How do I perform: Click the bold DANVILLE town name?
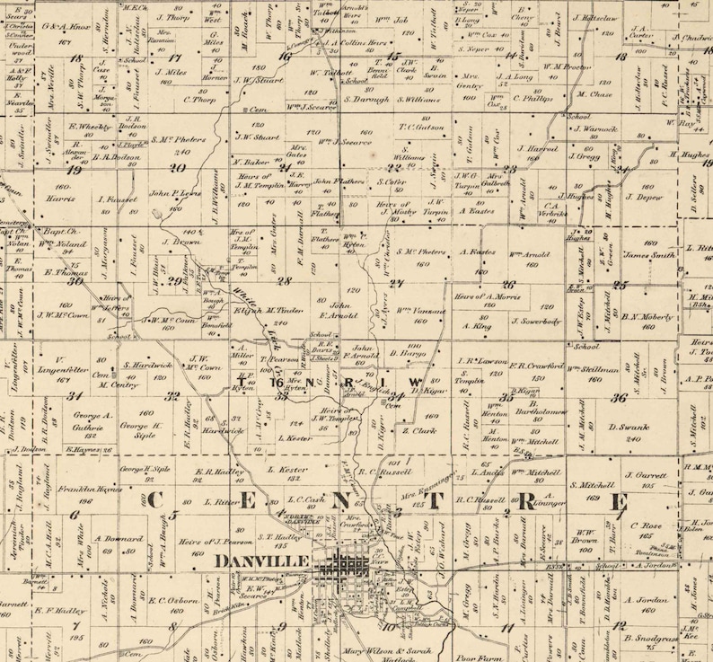click(x=261, y=560)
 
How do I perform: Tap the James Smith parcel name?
click(x=649, y=254)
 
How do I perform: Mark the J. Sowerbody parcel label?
click(x=536, y=320)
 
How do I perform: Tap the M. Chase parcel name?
click(x=594, y=93)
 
